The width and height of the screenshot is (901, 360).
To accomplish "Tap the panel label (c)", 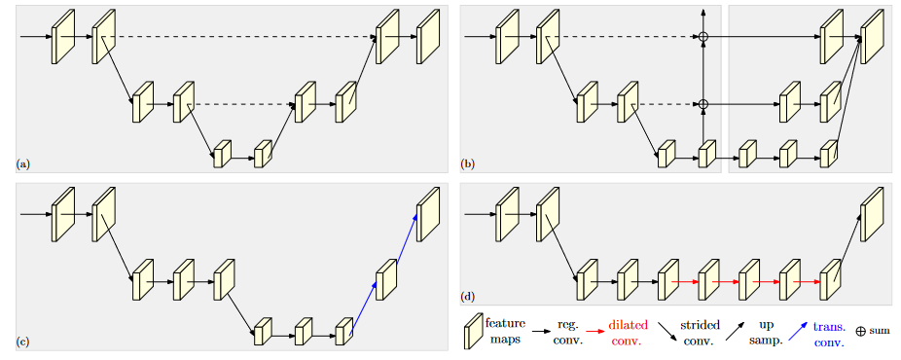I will pos(22,342).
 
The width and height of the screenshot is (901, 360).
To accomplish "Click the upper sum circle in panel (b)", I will pos(703,37).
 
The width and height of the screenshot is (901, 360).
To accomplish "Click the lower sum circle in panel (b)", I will pos(703,104).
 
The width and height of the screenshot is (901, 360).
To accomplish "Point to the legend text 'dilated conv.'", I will pos(629,331).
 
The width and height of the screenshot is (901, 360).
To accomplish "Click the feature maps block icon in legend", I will pos(473,331).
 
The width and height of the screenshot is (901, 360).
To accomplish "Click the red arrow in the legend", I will pos(594,331).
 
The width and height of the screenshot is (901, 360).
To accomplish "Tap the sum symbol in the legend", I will pos(860,331).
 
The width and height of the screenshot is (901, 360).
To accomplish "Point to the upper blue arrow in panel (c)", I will pos(407,236).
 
